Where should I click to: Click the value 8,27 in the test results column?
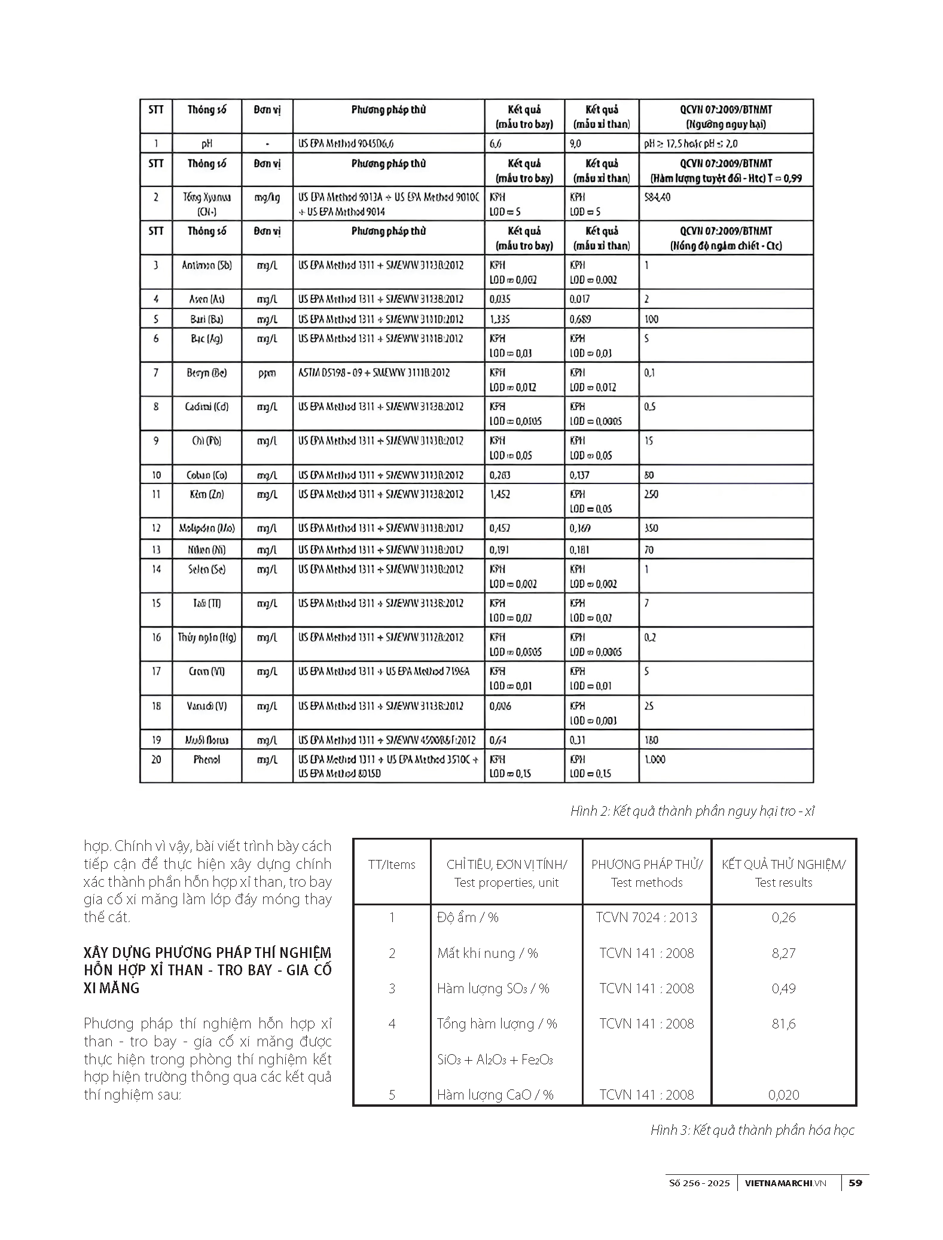[783, 953]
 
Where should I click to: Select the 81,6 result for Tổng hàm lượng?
[783, 1024]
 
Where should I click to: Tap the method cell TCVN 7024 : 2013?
[646, 917]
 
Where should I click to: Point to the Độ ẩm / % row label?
[468, 917]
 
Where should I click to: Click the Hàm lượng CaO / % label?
[495, 1095]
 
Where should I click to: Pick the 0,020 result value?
[783, 1095]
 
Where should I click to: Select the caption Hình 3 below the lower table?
[752, 1130]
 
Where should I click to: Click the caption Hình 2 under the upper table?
[692, 811]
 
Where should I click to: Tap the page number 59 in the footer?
[856, 1183]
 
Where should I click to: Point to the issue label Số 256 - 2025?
[699, 1183]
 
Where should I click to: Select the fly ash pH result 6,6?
[495, 143]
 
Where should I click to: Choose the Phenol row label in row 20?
[206, 760]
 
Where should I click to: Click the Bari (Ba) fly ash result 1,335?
[499, 319]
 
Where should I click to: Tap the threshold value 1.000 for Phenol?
[655, 760]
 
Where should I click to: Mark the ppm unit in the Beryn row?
[267, 373]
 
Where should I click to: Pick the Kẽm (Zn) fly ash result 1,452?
[499, 494]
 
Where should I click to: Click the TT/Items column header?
[392, 865]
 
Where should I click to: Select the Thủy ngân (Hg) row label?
[206, 638]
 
